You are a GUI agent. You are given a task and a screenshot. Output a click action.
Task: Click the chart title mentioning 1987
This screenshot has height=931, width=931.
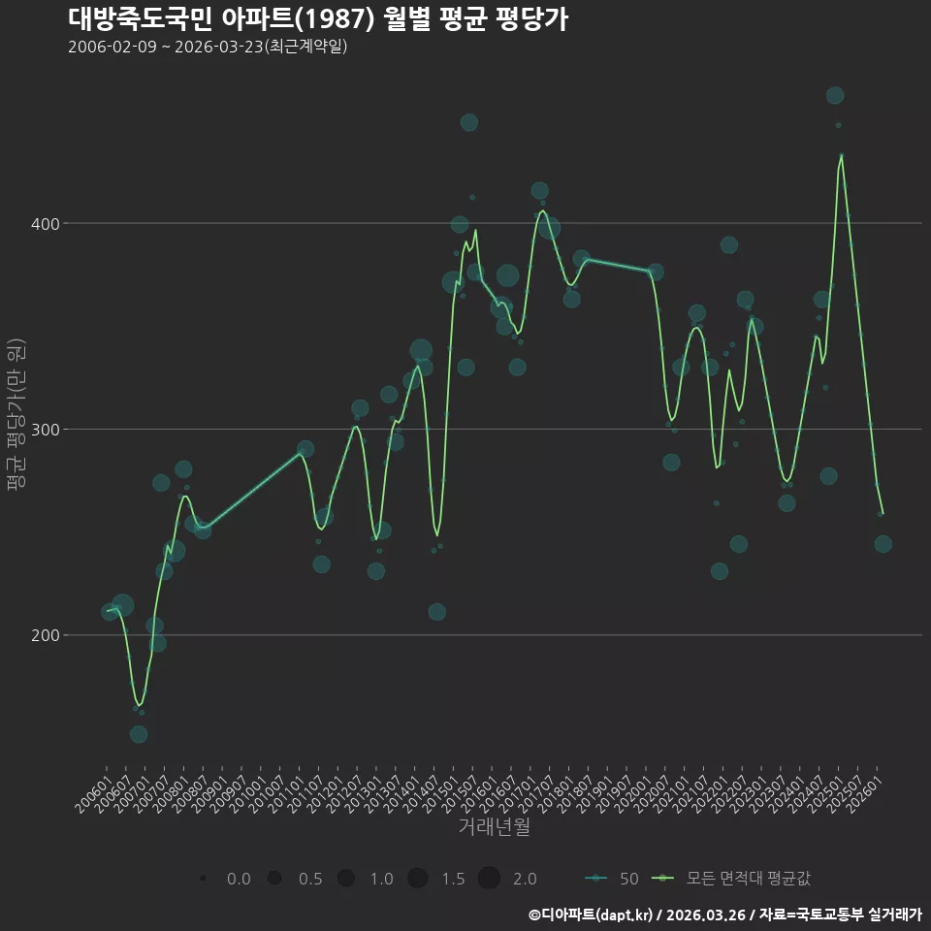pyautogui.click(x=318, y=19)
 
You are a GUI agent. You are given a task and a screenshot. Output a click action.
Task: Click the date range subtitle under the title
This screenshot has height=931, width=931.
pyautogui.click(x=208, y=47)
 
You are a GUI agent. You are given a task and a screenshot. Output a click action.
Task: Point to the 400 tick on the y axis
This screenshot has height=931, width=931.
pyautogui.click(x=46, y=224)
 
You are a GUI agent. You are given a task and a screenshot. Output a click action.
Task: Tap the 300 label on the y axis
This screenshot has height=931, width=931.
pyautogui.click(x=46, y=430)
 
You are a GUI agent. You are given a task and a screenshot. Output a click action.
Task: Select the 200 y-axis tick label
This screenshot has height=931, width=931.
pyautogui.click(x=46, y=635)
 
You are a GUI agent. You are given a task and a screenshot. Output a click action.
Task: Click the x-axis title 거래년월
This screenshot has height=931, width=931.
pyautogui.click(x=494, y=826)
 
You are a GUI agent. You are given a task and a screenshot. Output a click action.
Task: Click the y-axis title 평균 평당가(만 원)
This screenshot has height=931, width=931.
pyautogui.click(x=16, y=414)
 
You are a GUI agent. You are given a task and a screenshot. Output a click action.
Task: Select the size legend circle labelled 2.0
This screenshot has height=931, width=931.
pyautogui.click(x=489, y=878)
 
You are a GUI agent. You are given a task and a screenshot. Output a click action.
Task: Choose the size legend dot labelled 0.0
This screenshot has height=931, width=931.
pyautogui.click(x=203, y=878)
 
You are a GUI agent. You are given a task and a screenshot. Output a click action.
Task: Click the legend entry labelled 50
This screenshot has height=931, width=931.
pyautogui.click(x=612, y=879)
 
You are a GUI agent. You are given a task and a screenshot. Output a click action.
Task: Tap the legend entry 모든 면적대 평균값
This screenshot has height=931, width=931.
pyautogui.click(x=731, y=879)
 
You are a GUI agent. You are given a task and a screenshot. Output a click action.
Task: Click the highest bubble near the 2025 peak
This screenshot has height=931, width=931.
pyautogui.click(x=835, y=95)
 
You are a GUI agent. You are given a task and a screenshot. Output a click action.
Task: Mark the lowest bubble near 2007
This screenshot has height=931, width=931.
pyautogui.click(x=139, y=734)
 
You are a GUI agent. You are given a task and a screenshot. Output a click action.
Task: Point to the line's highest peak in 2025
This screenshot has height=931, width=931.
pyautogui.click(x=842, y=155)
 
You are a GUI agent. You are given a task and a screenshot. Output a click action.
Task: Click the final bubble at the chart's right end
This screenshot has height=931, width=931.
pyautogui.click(x=883, y=544)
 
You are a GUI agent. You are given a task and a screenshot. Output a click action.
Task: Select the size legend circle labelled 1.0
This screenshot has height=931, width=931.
pyautogui.click(x=346, y=878)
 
